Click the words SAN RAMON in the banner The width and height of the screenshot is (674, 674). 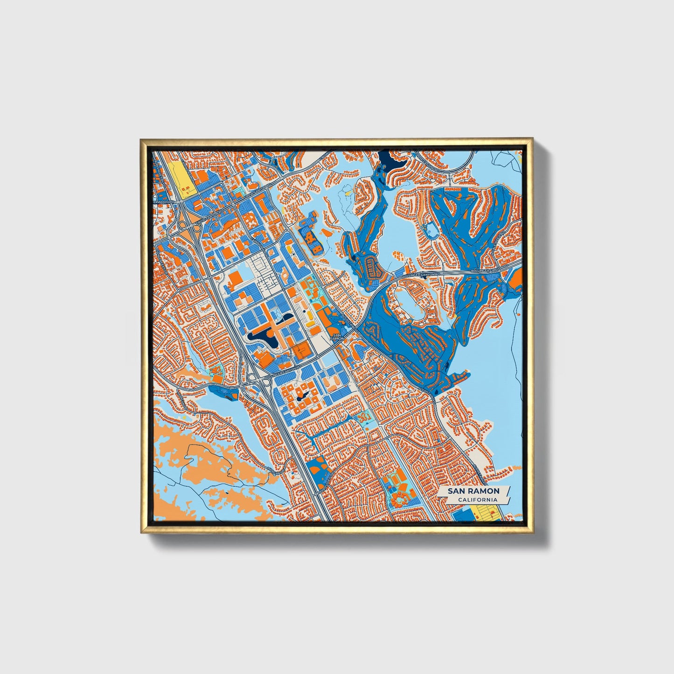(473, 491)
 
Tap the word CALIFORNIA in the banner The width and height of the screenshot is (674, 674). (477, 500)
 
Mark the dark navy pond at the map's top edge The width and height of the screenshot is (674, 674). (391, 161)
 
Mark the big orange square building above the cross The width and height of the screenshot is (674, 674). (236, 279)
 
